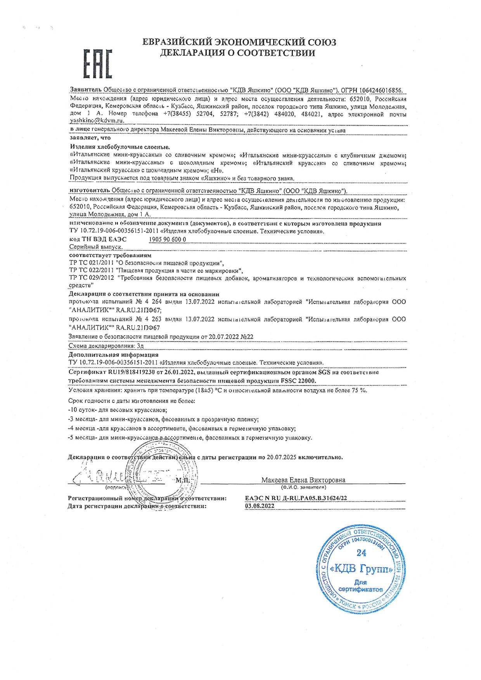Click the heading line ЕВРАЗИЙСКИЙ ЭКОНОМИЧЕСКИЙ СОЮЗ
(239, 42)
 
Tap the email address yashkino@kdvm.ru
(97, 121)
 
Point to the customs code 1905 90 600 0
(167, 240)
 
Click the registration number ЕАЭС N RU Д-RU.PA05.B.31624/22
(296, 498)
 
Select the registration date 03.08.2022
(260, 506)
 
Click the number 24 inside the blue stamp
(361, 553)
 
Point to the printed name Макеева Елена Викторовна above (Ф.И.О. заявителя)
(303, 480)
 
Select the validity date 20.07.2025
(281, 457)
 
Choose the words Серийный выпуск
(96, 247)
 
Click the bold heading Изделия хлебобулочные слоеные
(120, 147)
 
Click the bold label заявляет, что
(90, 138)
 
